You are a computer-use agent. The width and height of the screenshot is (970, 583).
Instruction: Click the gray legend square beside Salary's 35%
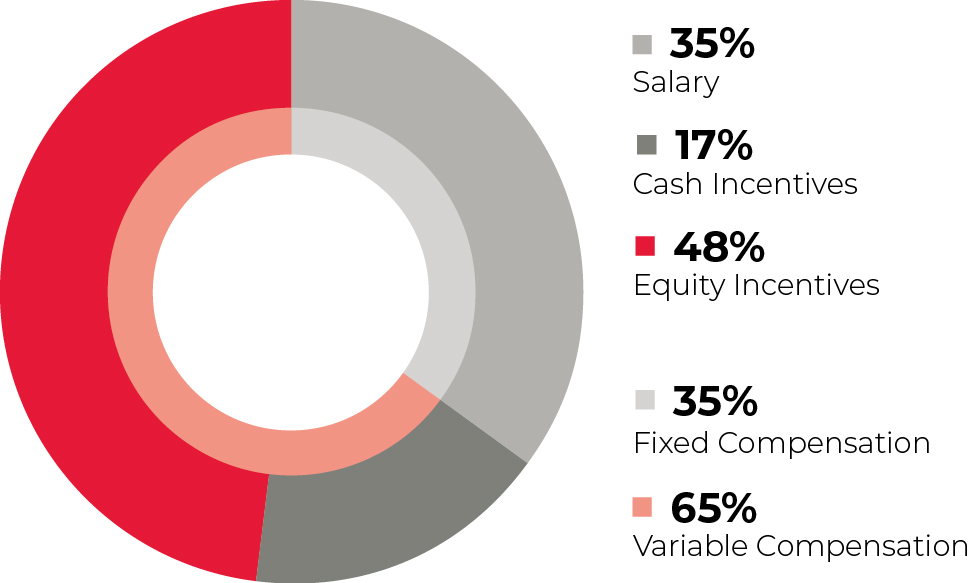click(642, 45)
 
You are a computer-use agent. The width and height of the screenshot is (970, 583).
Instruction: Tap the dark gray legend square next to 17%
click(646, 145)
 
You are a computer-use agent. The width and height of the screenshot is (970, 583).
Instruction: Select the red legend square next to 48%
click(645, 246)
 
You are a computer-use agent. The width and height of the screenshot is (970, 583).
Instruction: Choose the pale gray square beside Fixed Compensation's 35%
click(645, 400)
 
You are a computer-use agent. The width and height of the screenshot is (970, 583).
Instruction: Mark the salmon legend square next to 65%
click(642, 506)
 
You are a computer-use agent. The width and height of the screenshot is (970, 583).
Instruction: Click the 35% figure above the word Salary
click(712, 44)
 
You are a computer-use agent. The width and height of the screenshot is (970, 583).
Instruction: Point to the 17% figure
click(713, 145)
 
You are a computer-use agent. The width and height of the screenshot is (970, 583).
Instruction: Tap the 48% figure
click(719, 246)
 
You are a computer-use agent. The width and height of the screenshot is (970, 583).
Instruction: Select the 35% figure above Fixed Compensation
click(715, 400)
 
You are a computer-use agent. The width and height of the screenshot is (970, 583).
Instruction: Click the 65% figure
click(713, 507)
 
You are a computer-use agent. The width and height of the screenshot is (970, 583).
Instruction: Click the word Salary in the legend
click(676, 82)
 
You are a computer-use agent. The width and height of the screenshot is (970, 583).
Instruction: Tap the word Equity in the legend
click(679, 286)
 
